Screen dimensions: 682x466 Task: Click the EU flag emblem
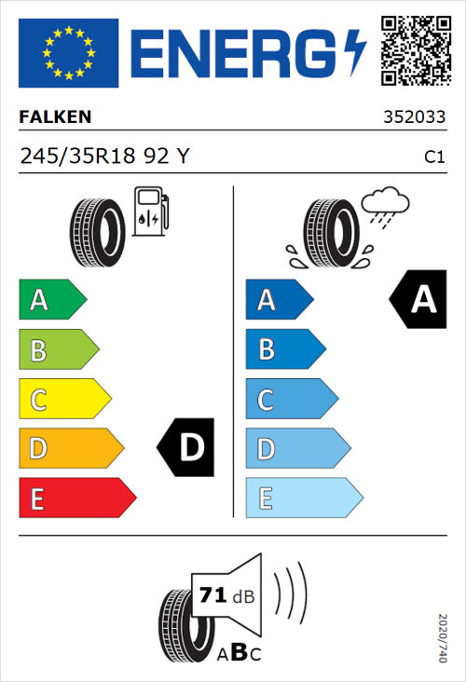point(68,53)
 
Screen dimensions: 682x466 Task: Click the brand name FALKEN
point(55,117)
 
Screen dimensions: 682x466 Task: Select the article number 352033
point(414,118)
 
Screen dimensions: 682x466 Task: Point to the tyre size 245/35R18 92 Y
point(104,157)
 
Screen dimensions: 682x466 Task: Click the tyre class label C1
point(434,157)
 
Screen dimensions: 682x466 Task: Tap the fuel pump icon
point(150,211)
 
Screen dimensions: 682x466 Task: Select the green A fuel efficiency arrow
point(51,300)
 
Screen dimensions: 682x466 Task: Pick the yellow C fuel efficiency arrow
point(63,400)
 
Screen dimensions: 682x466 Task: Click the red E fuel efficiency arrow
point(76,498)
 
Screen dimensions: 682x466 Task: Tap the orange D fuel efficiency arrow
point(70,449)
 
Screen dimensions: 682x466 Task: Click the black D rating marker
point(186,448)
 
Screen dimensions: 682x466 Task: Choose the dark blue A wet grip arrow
point(278,300)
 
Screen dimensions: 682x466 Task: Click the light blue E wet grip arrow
point(303,498)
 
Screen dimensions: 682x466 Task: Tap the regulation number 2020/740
point(443,637)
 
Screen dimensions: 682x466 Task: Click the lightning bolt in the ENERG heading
point(355,54)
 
